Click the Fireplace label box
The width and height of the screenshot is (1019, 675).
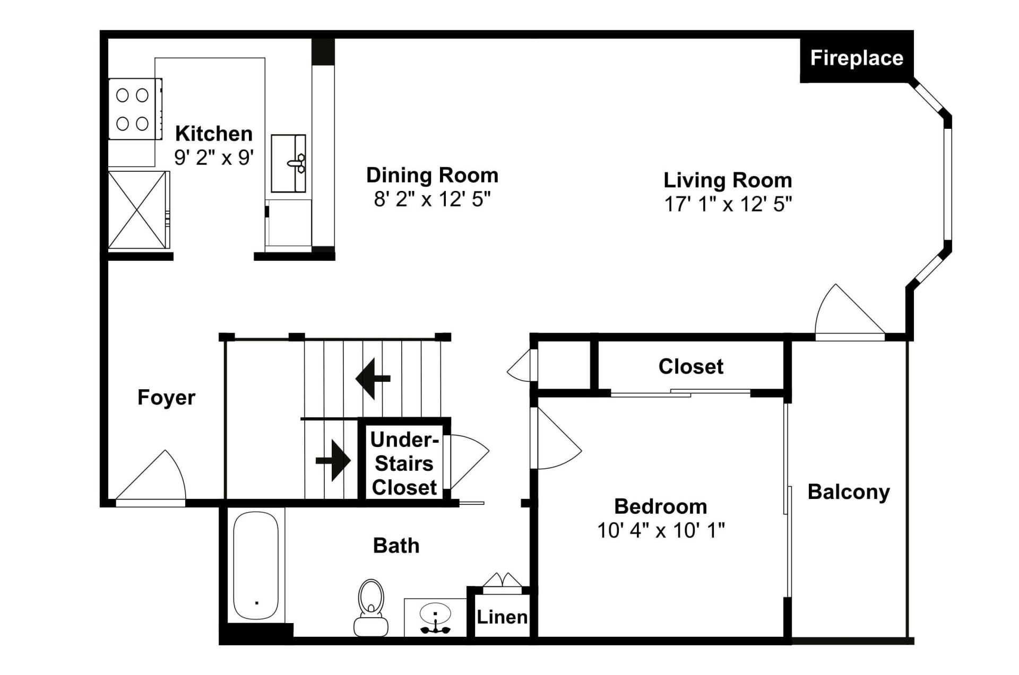click(x=857, y=59)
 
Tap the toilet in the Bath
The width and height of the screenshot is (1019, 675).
click(x=371, y=607)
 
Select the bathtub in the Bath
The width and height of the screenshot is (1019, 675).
click(x=256, y=565)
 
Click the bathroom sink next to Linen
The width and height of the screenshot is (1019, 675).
click(x=435, y=617)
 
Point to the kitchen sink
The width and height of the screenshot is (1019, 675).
click(x=289, y=163)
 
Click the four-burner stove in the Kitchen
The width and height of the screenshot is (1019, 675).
click(x=135, y=109)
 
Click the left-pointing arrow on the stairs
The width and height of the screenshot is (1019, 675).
click(x=373, y=379)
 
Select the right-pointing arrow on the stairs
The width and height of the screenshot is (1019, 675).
click(x=333, y=460)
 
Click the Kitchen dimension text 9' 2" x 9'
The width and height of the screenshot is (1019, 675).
click(x=214, y=157)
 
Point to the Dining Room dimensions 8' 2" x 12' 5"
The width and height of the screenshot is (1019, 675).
click(x=432, y=199)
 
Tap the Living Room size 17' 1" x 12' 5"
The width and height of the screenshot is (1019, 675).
click(x=728, y=204)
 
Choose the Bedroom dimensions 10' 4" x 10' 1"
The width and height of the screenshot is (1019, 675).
click(x=661, y=530)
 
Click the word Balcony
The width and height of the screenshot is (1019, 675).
click(x=849, y=492)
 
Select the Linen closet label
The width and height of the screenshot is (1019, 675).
click(x=502, y=617)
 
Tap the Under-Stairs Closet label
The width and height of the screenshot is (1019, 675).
click(x=404, y=463)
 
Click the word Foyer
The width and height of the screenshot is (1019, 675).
click(x=166, y=398)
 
